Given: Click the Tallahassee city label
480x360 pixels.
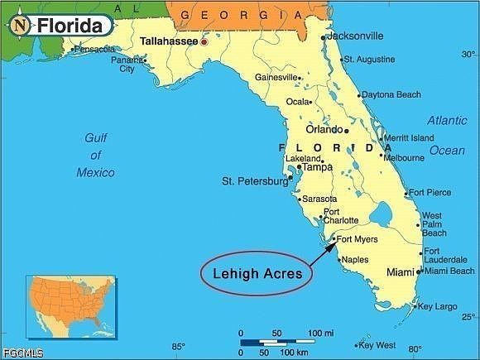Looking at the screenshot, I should click(x=169, y=40).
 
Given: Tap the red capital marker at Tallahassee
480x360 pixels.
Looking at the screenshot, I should click(x=204, y=41).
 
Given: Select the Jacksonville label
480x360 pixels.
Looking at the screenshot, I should click(x=355, y=36).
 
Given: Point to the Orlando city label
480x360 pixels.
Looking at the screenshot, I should click(x=324, y=129).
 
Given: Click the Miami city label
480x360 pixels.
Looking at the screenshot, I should click(x=400, y=271).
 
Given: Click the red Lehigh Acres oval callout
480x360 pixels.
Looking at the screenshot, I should click(x=257, y=271).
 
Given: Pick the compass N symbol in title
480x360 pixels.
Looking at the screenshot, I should click(x=19, y=25).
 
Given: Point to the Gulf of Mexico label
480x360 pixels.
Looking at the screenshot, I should click(x=95, y=155).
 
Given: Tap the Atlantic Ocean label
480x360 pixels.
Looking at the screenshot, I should click(x=446, y=135).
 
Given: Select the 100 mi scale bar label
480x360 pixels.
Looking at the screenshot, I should click(x=320, y=333).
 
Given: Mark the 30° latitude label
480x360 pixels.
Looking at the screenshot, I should click(x=468, y=55).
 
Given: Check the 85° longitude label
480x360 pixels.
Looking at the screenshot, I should click(x=178, y=347).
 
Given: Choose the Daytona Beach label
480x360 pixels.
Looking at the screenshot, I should click(x=391, y=94).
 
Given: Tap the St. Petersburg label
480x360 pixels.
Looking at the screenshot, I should click(x=253, y=180).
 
